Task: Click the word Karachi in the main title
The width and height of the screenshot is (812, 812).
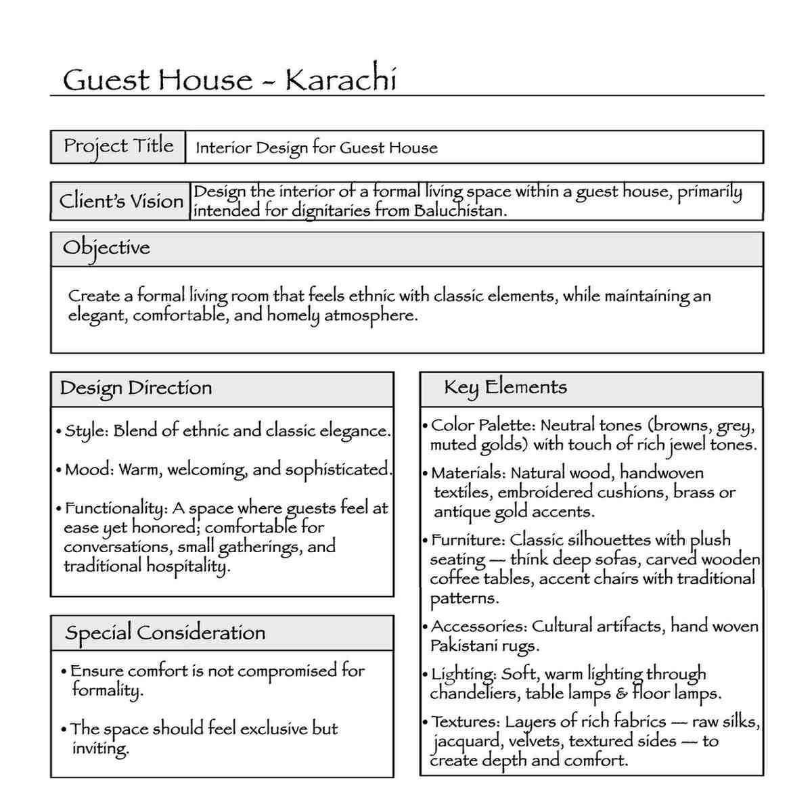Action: point(340,80)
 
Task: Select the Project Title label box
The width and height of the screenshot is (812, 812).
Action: point(118,146)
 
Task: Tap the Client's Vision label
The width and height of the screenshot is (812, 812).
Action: point(121,201)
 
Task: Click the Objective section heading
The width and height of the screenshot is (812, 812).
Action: point(106,248)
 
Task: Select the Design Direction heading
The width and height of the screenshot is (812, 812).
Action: point(136,388)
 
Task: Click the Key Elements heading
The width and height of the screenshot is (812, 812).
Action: point(505,387)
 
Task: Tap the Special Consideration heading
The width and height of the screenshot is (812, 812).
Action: point(165,633)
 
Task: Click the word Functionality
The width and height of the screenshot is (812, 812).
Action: point(115,508)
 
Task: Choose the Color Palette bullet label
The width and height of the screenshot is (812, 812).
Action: point(482,426)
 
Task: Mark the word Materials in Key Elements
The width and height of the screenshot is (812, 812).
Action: point(468,473)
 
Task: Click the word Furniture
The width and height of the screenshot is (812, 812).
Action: point(468,540)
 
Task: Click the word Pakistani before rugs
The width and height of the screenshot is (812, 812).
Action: point(464,646)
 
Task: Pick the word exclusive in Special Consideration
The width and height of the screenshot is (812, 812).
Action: point(274,729)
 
